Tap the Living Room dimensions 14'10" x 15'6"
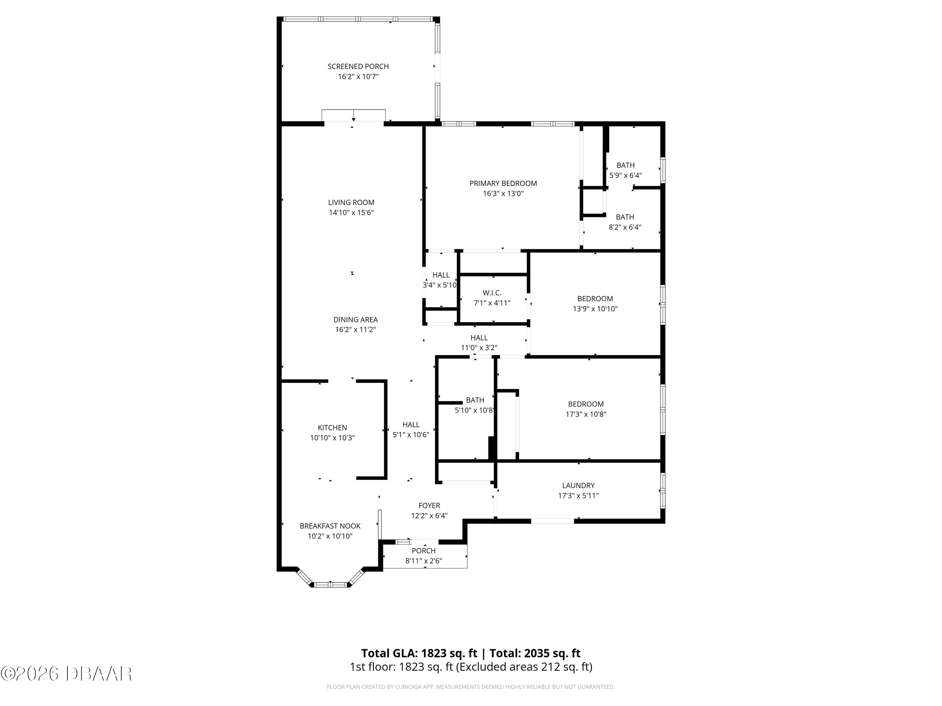(351, 212)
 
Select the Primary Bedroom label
(503, 184)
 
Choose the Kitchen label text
(332, 428)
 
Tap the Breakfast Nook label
(330, 526)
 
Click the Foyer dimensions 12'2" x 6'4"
(429, 516)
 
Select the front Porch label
(423, 551)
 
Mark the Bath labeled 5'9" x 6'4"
(625, 170)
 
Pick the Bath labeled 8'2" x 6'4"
(625, 222)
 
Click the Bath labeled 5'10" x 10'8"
(474, 405)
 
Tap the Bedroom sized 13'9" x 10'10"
(595, 304)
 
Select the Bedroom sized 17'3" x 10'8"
(586, 409)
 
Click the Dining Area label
(355, 320)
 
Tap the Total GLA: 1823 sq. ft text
(419, 653)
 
